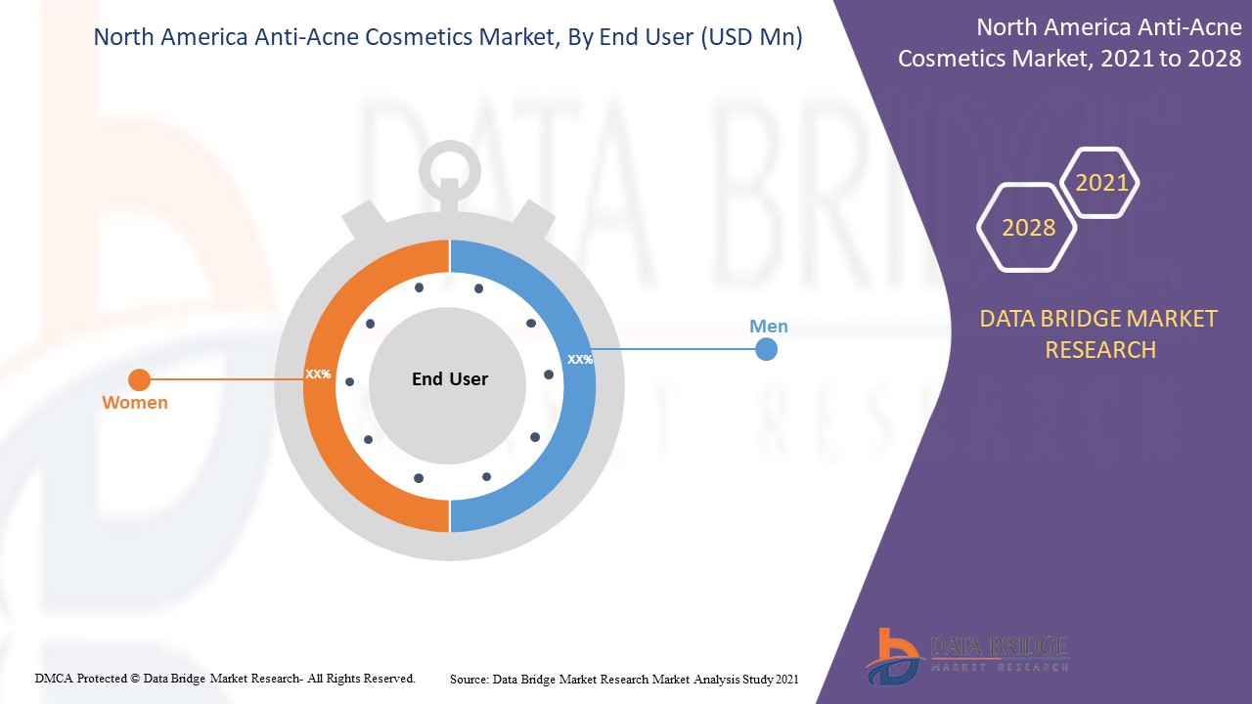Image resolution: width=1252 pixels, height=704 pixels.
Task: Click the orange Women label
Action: click(135, 403)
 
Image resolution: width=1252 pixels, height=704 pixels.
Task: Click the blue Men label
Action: click(768, 327)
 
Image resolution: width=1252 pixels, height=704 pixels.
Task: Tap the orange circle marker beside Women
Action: click(140, 379)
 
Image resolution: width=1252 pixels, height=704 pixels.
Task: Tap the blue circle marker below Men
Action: click(767, 349)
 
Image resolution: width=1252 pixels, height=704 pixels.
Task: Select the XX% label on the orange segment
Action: click(318, 374)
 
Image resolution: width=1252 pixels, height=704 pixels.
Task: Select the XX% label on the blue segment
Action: click(580, 360)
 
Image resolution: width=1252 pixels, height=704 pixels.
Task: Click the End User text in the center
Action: click(449, 379)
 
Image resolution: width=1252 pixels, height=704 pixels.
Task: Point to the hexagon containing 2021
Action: click(1101, 183)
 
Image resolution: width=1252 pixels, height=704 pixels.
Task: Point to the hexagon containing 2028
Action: click(1028, 228)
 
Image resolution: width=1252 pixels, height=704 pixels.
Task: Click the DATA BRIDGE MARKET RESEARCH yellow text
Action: click(1099, 333)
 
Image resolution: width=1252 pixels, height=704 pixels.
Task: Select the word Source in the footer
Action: click(469, 679)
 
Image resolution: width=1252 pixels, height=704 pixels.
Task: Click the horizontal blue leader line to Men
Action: click(675, 349)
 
